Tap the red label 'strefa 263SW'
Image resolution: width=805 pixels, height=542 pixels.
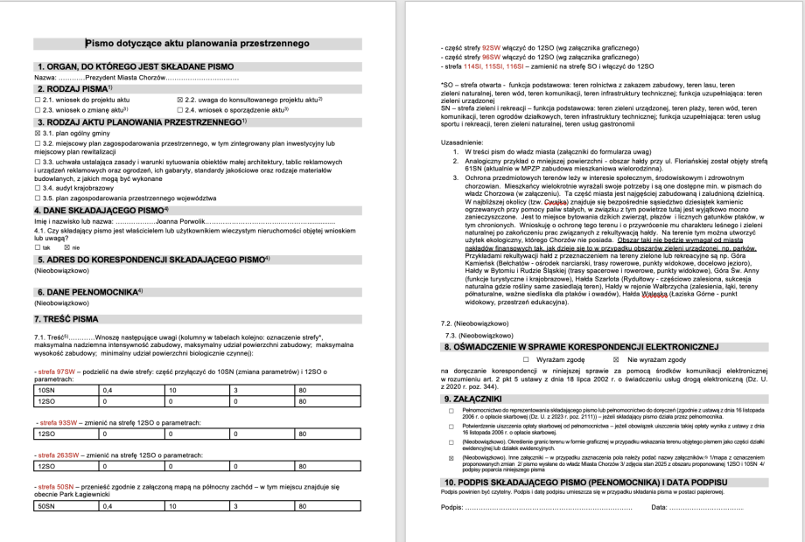point(59,453)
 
